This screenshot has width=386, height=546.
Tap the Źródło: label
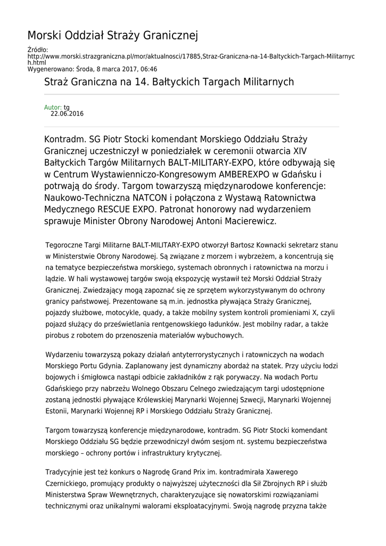click(38, 50)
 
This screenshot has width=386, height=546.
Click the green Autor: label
click(53, 107)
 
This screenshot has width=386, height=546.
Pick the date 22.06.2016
click(67, 114)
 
